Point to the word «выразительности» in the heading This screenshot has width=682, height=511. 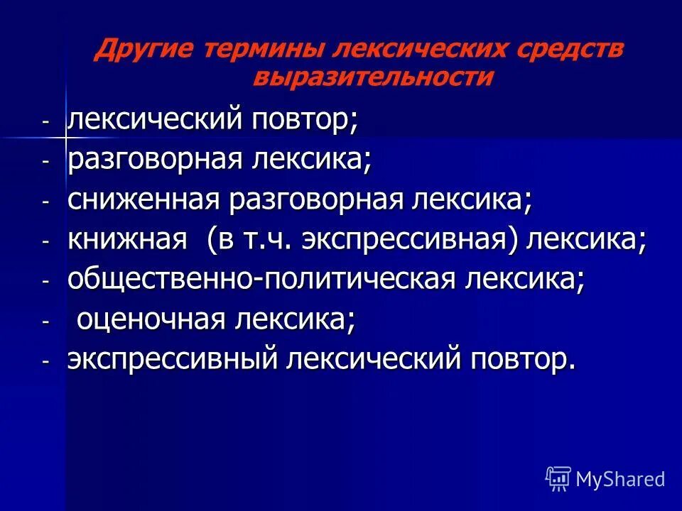(372, 77)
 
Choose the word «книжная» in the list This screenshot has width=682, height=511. (126, 241)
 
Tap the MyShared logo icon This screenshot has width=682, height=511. (558, 479)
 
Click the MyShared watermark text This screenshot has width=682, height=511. (620, 479)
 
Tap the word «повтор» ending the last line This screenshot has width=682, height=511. (519, 361)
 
